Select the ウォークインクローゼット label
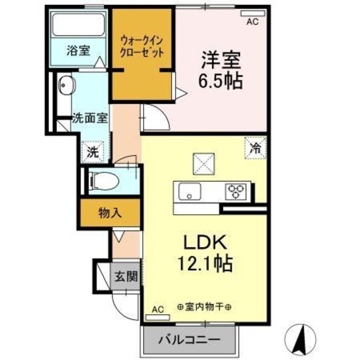click(x=142, y=47)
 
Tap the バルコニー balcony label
click(x=190, y=340)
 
